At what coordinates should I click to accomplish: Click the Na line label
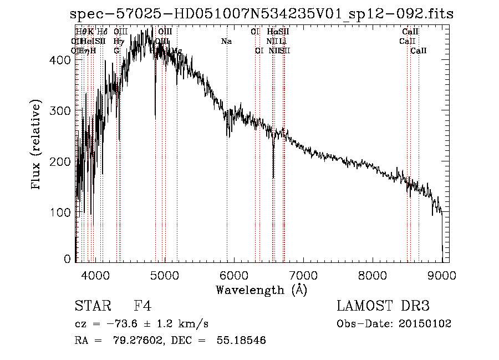click(x=226, y=41)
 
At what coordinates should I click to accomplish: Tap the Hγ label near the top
click(x=118, y=41)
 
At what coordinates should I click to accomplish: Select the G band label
click(x=117, y=50)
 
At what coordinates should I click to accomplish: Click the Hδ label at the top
click(x=103, y=32)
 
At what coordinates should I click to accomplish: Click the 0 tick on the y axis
click(x=67, y=259)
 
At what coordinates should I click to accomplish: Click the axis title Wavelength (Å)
click(x=261, y=290)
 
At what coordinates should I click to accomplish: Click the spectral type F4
click(x=142, y=307)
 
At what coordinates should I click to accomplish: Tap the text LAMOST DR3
click(x=383, y=307)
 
